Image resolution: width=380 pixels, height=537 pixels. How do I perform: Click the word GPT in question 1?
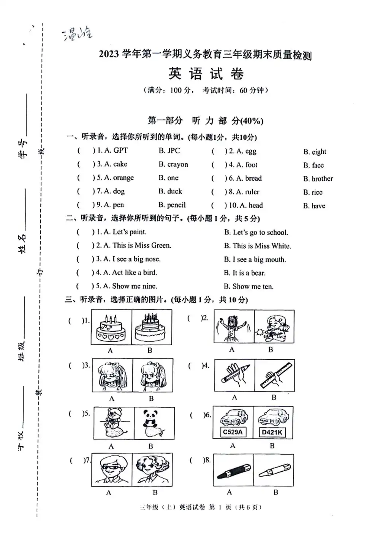click(x=120, y=150)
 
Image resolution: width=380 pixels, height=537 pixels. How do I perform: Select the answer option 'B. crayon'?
click(x=173, y=164)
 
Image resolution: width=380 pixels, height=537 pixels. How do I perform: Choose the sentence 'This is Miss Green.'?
click(x=142, y=245)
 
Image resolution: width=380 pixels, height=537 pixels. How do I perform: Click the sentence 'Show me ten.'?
click(x=253, y=286)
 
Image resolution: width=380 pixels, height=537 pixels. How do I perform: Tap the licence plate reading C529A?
click(x=233, y=432)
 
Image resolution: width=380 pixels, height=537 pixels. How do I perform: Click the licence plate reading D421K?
click(x=272, y=432)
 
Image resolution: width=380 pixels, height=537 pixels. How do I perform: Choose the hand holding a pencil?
click(x=235, y=375)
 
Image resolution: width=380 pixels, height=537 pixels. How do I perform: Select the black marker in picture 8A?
click(x=234, y=471)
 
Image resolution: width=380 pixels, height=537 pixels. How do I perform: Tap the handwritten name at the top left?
click(x=78, y=34)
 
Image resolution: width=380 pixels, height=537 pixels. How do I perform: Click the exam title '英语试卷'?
click(x=206, y=74)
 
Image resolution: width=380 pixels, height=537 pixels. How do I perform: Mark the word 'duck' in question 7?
click(x=174, y=191)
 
